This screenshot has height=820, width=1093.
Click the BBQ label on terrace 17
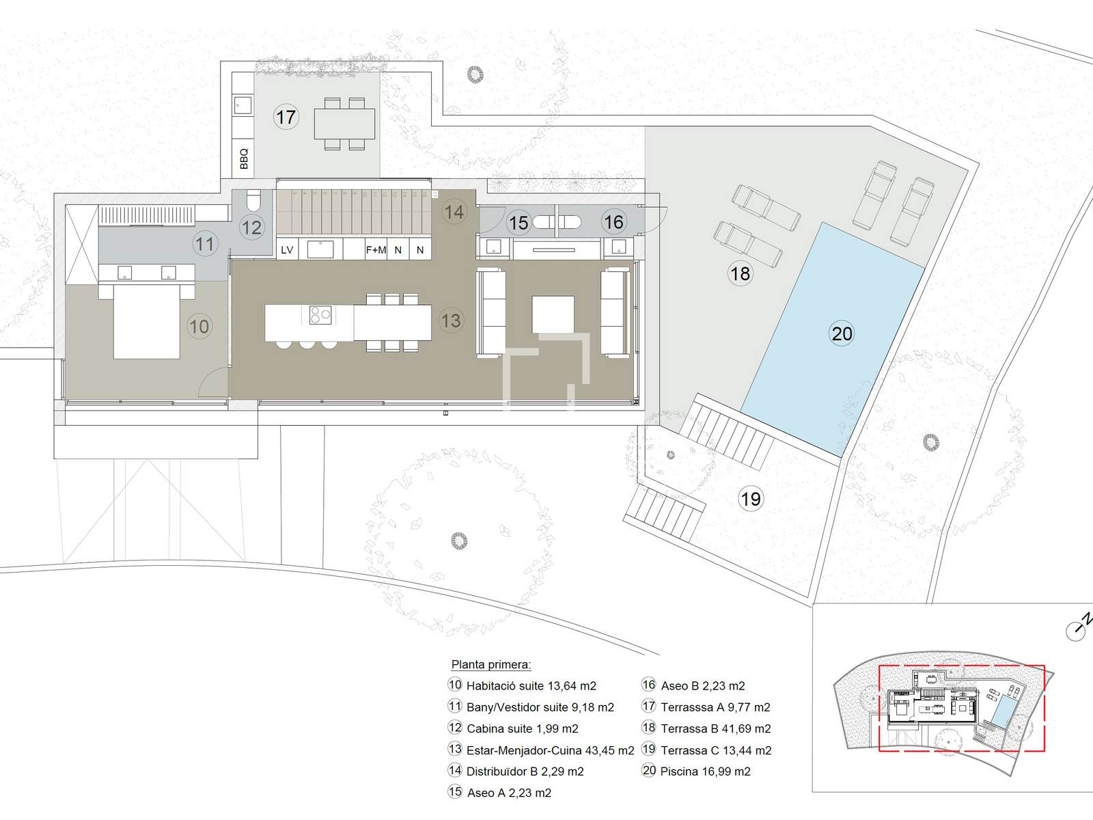pyautogui.click(x=243, y=159)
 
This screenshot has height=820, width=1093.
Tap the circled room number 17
pyautogui.click(x=286, y=117)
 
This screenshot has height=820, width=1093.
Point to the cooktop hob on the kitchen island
pyautogui.click(x=320, y=314)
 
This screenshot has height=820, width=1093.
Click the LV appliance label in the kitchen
pyautogui.click(x=287, y=250)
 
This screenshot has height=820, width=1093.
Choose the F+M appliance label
pyautogui.click(x=376, y=250)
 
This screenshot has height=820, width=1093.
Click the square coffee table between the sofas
pyautogui.click(x=553, y=314)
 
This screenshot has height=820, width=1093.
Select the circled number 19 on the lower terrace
pyautogui.click(x=751, y=498)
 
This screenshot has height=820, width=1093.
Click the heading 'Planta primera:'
pyautogui.click(x=491, y=665)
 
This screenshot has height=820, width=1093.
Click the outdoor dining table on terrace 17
pyautogui.click(x=344, y=124)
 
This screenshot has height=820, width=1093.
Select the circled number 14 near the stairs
pyautogui.click(x=454, y=212)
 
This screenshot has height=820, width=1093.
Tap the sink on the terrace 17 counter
pyautogui.click(x=243, y=105)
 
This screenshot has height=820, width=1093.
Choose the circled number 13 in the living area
pyautogui.click(x=451, y=320)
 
